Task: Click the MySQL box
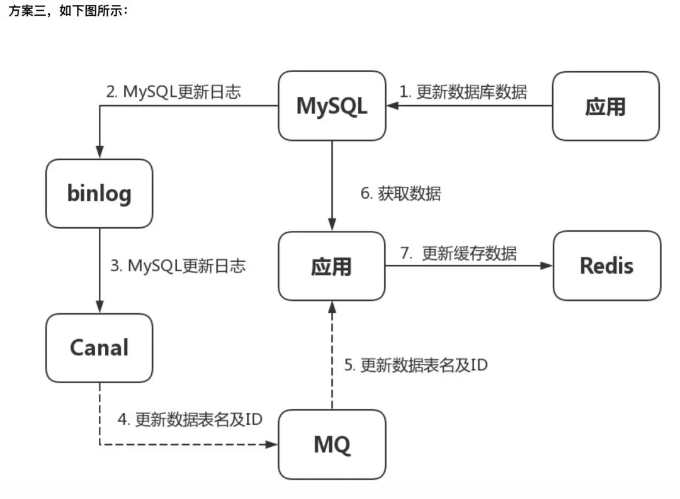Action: [x=332, y=106]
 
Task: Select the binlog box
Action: [x=99, y=193]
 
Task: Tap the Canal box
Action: [x=99, y=348]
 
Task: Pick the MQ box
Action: [x=332, y=444]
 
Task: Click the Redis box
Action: [x=607, y=266]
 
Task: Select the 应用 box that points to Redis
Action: [x=332, y=266]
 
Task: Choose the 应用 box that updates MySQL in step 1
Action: [x=606, y=106]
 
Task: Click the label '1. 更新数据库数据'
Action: [x=463, y=92]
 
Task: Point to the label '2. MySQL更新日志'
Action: [x=174, y=92]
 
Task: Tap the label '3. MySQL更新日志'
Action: [x=178, y=266]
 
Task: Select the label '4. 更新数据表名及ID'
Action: [x=190, y=419]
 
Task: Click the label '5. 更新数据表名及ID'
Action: [x=416, y=365]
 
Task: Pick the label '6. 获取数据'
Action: [x=400, y=193]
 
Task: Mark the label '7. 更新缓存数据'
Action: [x=458, y=253]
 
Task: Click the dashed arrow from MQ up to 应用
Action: [x=332, y=356]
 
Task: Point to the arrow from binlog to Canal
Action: [x=99, y=271]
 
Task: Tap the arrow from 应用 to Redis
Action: [x=469, y=266]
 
